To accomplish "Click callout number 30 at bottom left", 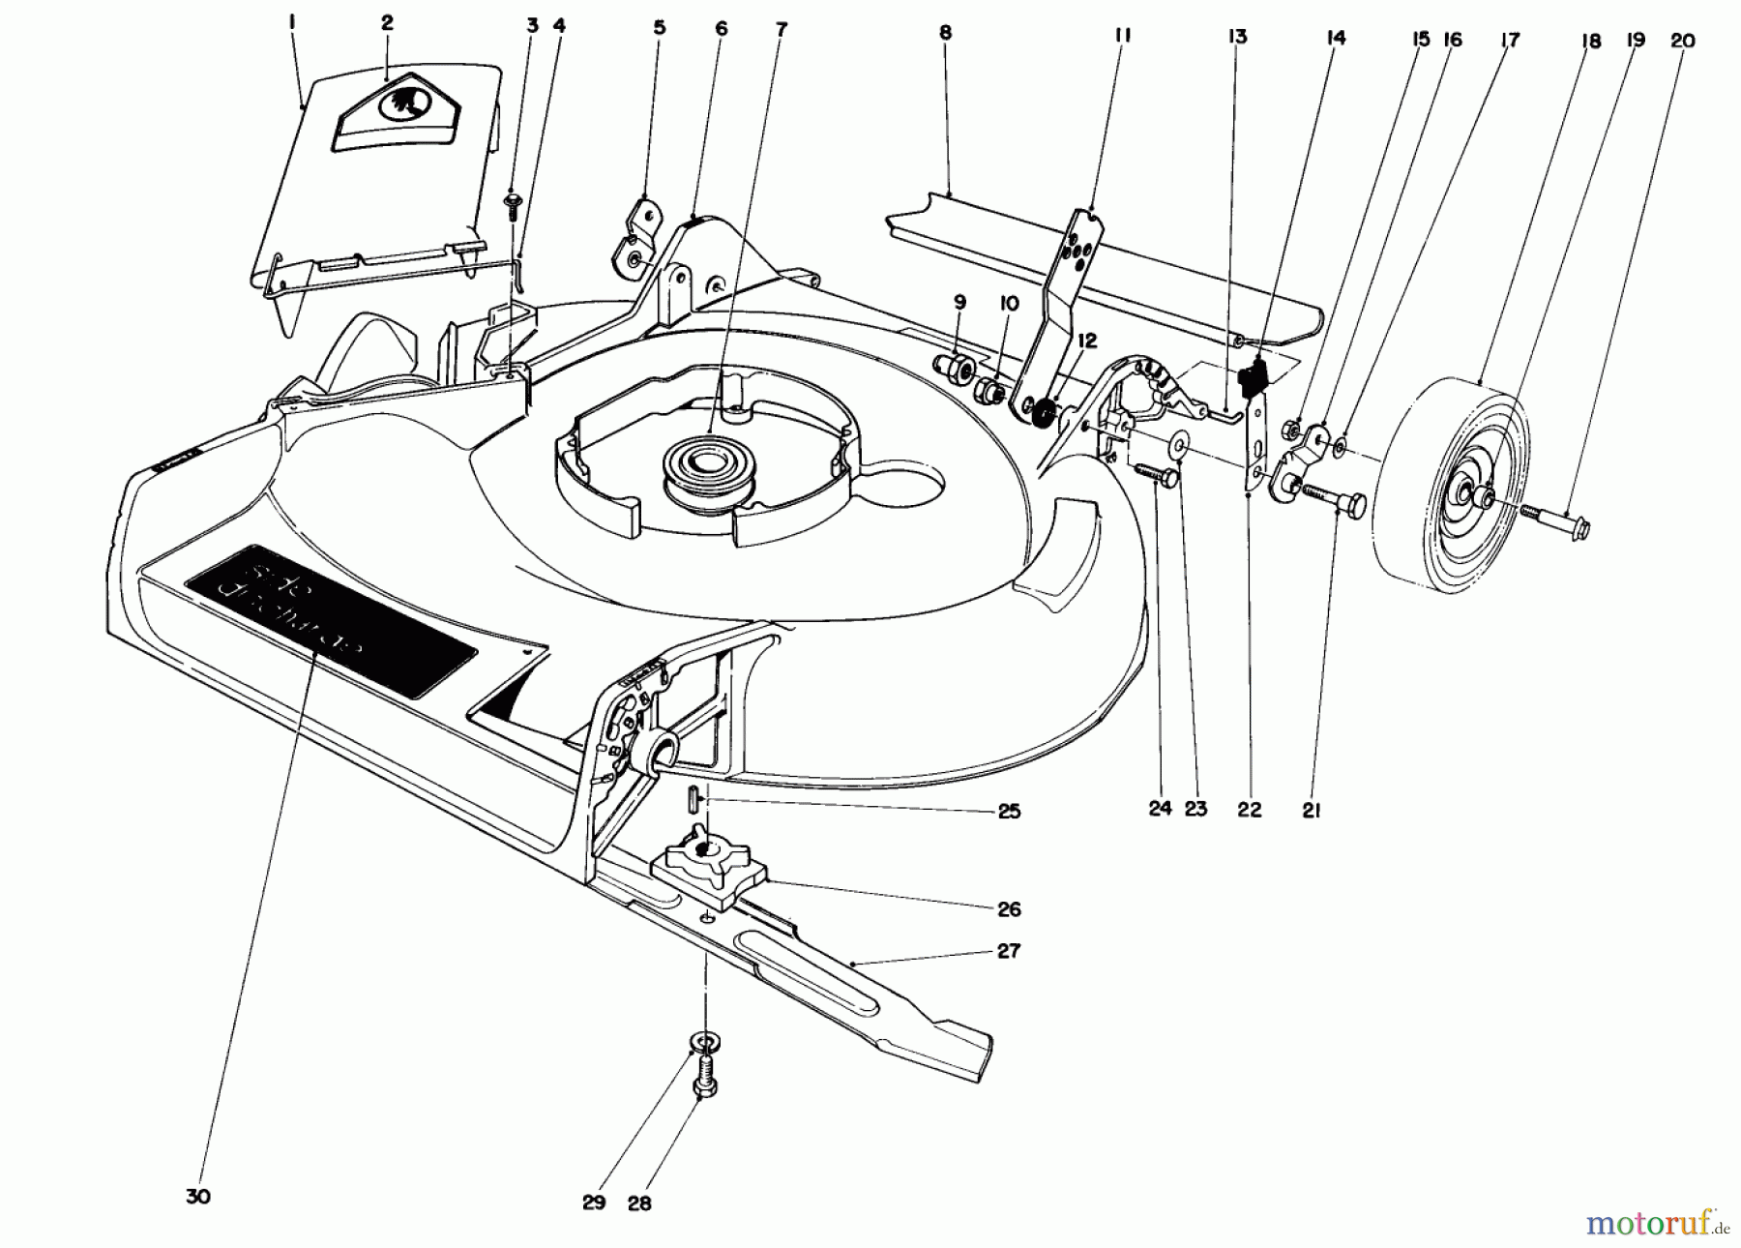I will point(197,1197).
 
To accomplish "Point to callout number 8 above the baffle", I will point(945,33).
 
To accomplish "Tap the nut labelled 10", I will point(989,391).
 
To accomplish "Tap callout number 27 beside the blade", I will point(1008,951).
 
